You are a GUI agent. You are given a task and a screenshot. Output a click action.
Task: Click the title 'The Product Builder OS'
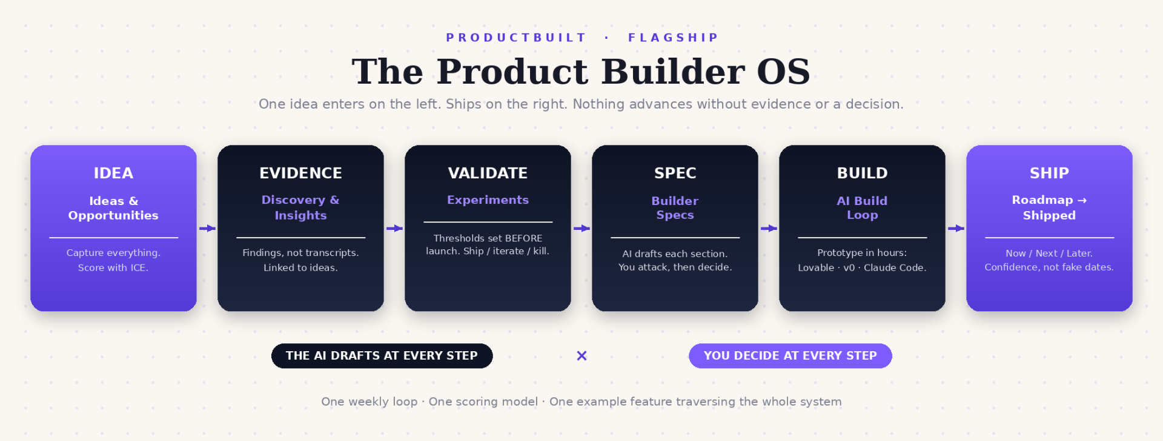pyautogui.click(x=581, y=72)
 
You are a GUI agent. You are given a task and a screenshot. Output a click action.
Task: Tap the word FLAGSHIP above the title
pyautogui.click(x=673, y=38)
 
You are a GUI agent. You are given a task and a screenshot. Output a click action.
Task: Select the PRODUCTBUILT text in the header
pyautogui.click(x=516, y=38)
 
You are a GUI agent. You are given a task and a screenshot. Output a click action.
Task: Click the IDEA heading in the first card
pyautogui.click(x=113, y=173)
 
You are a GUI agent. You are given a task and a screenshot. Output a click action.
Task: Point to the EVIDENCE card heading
pyautogui.click(x=300, y=173)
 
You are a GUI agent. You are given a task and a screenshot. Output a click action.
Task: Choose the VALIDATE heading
pyautogui.click(x=488, y=173)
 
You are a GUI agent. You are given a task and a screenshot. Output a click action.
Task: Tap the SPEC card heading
pyautogui.click(x=675, y=173)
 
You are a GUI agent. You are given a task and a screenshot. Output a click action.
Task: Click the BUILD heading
pyautogui.click(x=862, y=173)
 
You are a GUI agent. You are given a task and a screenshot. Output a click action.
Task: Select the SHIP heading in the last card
pyautogui.click(x=1049, y=173)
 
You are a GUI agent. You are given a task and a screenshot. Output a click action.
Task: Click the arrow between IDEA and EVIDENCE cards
pyautogui.click(x=207, y=228)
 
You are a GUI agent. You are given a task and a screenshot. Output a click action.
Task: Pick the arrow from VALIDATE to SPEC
pyautogui.click(x=581, y=228)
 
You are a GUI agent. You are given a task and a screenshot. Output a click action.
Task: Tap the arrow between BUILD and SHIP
pyautogui.click(x=956, y=228)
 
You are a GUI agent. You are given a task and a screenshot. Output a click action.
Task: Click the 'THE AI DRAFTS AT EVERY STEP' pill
pyautogui.click(x=382, y=355)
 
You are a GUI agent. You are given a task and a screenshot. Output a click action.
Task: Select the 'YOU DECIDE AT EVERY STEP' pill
pyautogui.click(x=790, y=355)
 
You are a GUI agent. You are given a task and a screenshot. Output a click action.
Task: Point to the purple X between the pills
pyautogui.click(x=581, y=355)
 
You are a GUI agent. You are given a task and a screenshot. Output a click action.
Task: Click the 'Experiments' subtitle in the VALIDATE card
pyautogui.click(x=488, y=200)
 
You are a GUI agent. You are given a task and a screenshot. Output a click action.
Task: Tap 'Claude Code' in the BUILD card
pyautogui.click(x=895, y=268)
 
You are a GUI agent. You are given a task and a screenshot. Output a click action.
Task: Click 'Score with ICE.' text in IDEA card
pyautogui.click(x=113, y=268)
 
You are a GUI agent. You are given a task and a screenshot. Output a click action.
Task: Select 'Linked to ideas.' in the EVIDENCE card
pyautogui.click(x=300, y=268)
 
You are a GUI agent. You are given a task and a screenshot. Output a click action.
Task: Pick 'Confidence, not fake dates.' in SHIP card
pyautogui.click(x=1049, y=267)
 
